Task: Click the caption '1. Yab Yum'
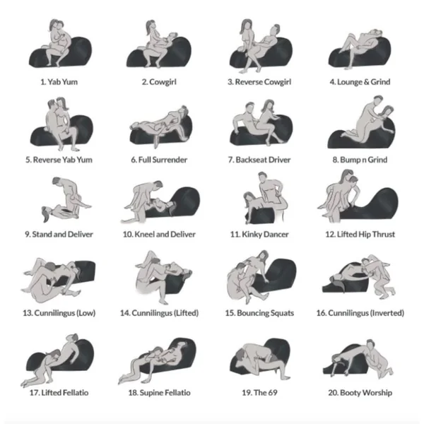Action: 59,82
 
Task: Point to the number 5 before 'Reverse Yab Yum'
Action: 28,160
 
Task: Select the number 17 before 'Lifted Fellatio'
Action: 34,392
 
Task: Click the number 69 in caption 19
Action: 272,392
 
